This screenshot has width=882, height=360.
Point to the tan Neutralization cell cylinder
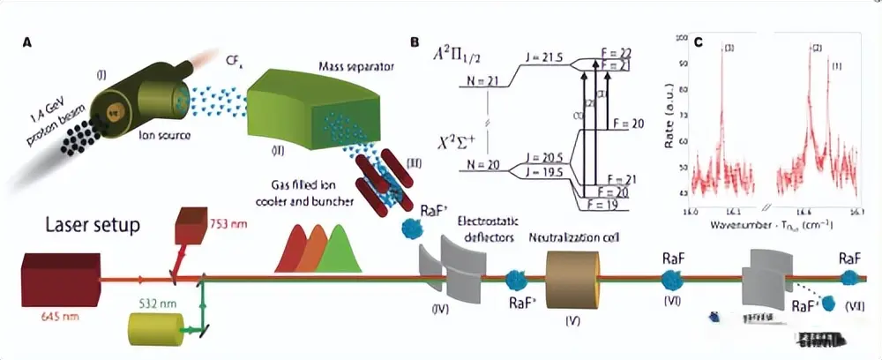coord(572,279)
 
